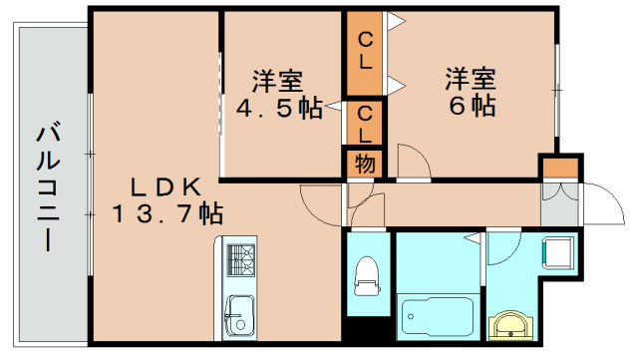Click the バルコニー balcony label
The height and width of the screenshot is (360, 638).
[46, 187]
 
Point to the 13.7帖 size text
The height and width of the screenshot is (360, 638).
[167, 211]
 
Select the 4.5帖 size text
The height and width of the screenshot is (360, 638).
[280, 107]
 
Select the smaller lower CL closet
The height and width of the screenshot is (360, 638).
[366, 123]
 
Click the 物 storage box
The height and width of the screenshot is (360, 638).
[366, 164]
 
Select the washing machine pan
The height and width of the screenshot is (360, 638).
[558, 252]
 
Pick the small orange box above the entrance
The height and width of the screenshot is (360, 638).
[558, 167]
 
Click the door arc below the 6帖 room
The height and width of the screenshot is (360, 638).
[411, 162]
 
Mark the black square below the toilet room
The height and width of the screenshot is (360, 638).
[367, 333]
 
